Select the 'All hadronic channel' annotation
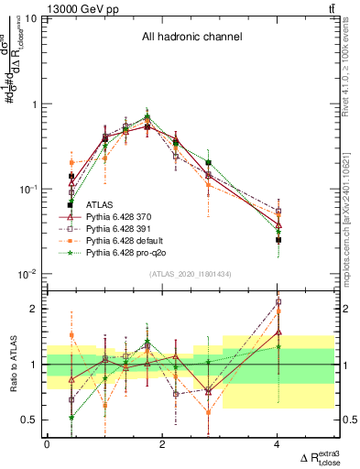click(191, 38)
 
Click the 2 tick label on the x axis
click(162, 443)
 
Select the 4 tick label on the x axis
click(278, 443)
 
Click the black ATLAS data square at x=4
click(278, 240)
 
